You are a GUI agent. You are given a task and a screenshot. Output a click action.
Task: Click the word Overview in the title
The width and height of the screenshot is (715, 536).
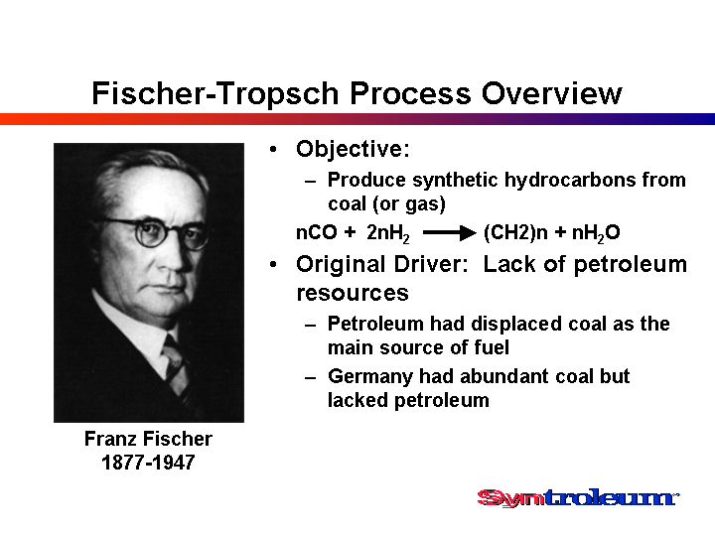[552, 93]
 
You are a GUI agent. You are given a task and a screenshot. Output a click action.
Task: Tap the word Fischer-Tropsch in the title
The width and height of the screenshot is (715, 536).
[214, 93]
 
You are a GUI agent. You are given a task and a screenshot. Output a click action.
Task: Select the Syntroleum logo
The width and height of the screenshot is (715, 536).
[578, 497]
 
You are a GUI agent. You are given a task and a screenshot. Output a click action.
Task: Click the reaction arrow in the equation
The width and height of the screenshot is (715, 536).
[450, 233]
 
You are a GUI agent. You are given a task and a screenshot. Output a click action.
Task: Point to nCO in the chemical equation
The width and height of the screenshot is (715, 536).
[317, 232]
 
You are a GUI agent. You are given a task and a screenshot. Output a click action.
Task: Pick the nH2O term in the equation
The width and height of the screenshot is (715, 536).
[596, 233]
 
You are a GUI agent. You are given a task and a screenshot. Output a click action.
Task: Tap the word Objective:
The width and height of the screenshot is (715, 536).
[353, 149]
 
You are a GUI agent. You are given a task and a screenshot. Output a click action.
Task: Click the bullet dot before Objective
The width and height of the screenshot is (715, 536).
[273, 149]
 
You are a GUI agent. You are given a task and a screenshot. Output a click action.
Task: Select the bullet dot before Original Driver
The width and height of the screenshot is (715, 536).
[273, 264]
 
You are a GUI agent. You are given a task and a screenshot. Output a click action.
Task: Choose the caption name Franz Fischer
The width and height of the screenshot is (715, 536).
[148, 439]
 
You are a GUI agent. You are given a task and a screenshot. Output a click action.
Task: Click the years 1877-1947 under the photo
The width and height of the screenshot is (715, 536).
[148, 463]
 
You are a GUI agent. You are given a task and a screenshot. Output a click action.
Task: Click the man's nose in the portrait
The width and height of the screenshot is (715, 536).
[175, 255]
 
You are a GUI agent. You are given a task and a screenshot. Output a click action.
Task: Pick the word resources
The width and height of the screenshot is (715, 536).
[353, 293]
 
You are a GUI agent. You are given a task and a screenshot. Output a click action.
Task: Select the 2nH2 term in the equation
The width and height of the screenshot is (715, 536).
[388, 233]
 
